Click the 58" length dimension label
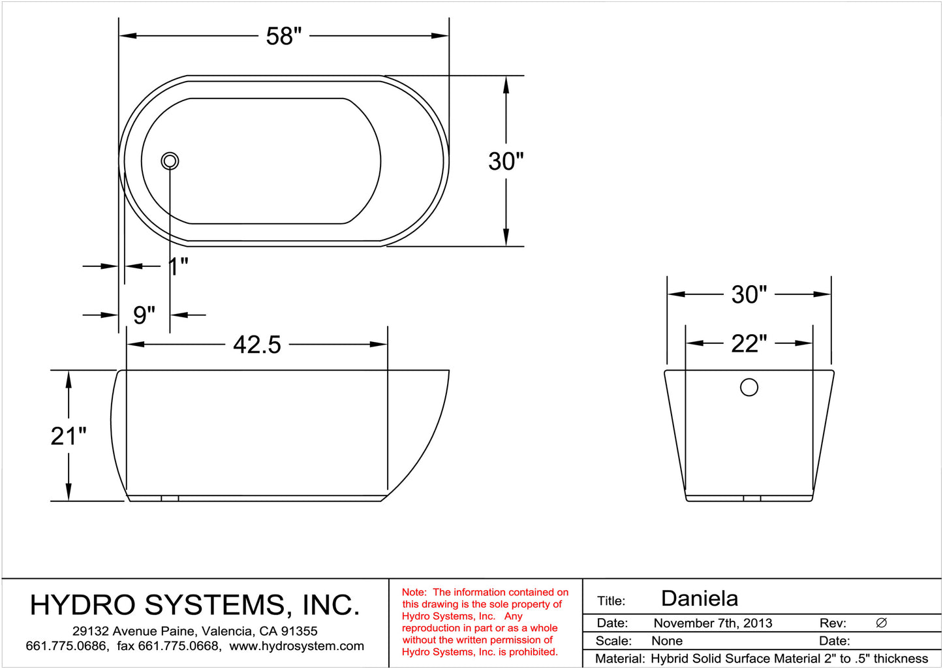point(284,37)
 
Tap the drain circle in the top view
point(170,161)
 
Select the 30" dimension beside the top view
point(506,161)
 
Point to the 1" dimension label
point(178,266)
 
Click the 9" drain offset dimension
point(144,315)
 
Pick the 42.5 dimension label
point(257,345)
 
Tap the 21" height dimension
point(69,436)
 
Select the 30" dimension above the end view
point(749,294)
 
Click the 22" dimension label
point(749,343)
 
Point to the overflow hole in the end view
point(749,387)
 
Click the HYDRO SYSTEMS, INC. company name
point(194,605)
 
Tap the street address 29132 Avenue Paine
point(134,631)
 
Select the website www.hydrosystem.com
point(297,646)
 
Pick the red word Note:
point(414,593)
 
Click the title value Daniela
point(699,599)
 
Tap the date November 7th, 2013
point(713,623)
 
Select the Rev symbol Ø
point(881,623)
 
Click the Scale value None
point(666,641)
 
